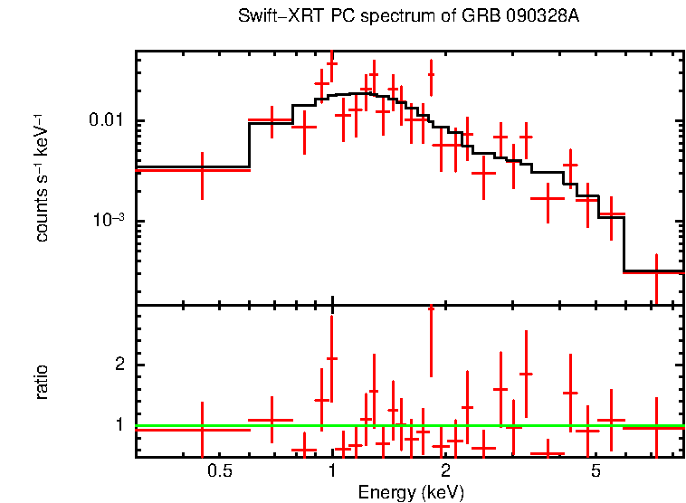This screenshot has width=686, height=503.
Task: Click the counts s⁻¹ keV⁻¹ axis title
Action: [x=43, y=177]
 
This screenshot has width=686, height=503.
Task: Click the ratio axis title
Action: [x=43, y=382]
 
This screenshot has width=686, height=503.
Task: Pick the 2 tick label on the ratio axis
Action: [x=118, y=365]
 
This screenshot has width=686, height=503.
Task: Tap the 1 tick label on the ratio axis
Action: [x=118, y=424]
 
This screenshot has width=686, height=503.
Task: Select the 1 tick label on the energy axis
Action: [x=332, y=471]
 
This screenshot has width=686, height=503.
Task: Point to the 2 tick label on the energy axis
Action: [x=445, y=471]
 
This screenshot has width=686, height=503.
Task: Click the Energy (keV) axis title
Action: [x=411, y=492]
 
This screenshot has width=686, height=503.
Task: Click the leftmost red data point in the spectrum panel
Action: [x=202, y=169]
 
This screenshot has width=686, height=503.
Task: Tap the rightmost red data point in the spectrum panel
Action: [x=656, y=271]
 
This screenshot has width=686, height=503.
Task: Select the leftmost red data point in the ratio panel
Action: [x=202, y=430]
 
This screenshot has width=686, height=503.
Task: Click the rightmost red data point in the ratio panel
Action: [x=656, y=426]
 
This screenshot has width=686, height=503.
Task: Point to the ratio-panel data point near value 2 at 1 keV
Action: [x=332, y=359]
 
